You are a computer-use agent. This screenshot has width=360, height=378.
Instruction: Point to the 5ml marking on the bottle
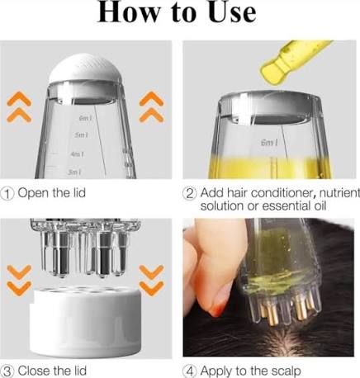[x=81, y=135]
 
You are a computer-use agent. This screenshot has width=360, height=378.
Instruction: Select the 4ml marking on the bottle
[x=77, y=154]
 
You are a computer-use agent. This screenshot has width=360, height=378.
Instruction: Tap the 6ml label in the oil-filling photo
[x=268, y=143]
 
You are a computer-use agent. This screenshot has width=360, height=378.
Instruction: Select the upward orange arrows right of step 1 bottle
[x=153, y=108]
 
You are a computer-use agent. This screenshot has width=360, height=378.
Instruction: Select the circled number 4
[x=189, y=370]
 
